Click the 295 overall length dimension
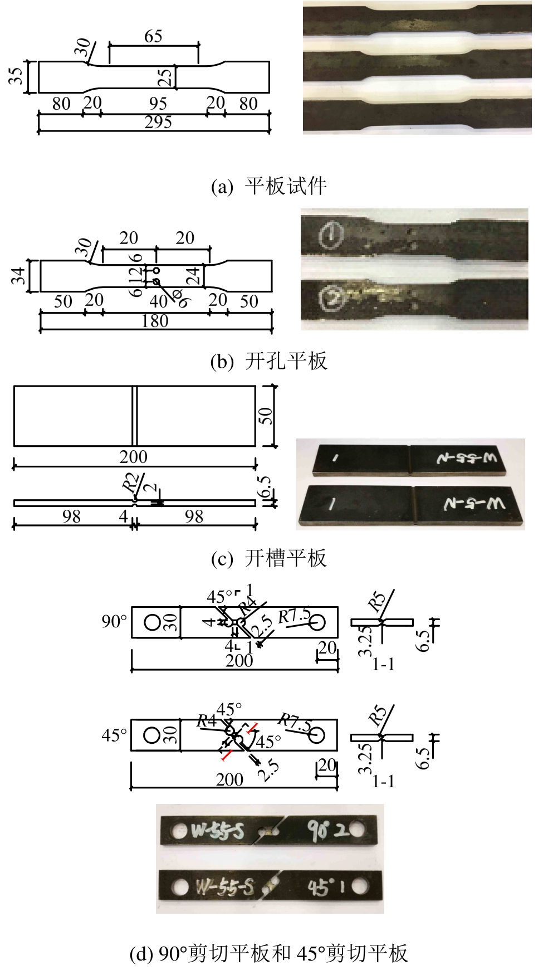point(158,123)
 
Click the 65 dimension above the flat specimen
point(153,37)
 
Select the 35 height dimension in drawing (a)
point(17,76)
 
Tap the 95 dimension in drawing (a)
point(158,104)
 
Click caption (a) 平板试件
point(268,186)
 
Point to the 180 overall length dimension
point(155,321)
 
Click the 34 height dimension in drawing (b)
point(18,275)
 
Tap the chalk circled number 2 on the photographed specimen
point(332,299)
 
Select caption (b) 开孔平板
point(268,361)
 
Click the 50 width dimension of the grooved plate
point(266,415)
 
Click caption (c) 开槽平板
point(268,558)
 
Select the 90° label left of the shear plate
point(114,621)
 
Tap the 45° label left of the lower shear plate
point(114,735)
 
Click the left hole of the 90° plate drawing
point(153,622)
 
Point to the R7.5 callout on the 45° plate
point(296,723)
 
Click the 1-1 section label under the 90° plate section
point(383,664)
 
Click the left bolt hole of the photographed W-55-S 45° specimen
point(180,886)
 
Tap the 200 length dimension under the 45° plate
point(229,779)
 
